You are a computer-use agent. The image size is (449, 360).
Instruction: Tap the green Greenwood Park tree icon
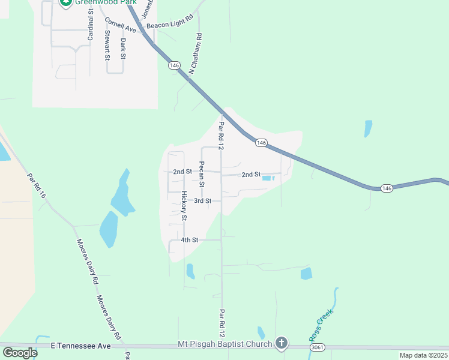click(65, 2)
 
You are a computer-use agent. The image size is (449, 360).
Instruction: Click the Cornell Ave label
click(120, 25)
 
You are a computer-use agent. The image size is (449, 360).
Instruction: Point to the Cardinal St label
click(91, 25)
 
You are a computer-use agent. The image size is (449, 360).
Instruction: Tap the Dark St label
click(123, 48)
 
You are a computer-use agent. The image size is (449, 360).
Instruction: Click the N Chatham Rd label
click(196, 53)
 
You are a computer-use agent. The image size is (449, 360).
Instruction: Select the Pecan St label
click(202, 174)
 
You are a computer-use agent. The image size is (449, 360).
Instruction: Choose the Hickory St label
click(184, 206)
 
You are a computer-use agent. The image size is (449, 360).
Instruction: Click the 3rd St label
click(203, 200)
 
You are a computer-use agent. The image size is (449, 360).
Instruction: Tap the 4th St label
click(190, 240)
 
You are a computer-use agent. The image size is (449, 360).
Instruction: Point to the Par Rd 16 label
click(37, 186)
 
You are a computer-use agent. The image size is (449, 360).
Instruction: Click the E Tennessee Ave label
click(81, 346)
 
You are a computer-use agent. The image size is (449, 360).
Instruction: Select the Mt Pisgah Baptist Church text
click(225, 344)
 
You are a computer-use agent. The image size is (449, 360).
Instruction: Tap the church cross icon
click(281, 344)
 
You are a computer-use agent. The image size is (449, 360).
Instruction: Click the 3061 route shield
click(318, 347)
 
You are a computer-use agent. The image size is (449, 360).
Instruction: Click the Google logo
click(20, 353)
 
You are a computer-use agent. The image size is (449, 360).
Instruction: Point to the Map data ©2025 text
click(423, 355)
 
